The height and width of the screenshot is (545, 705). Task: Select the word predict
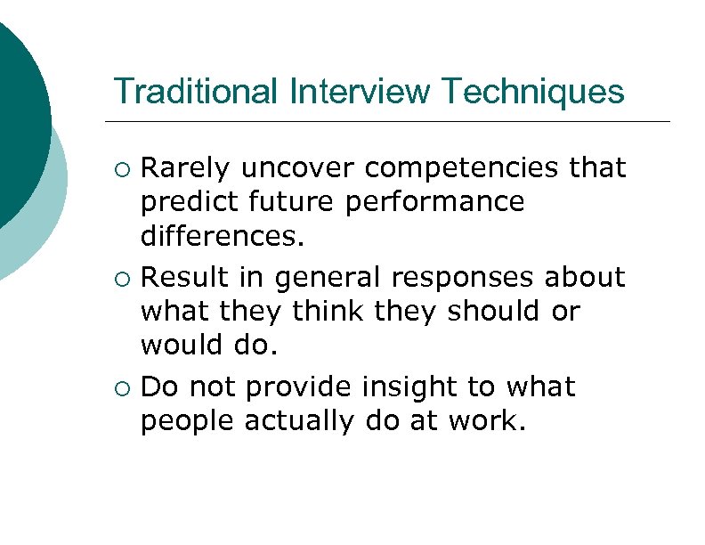pyautogui.click(x=183, y=203)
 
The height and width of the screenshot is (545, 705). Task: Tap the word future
pyautogui.click(x=283, y=203)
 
